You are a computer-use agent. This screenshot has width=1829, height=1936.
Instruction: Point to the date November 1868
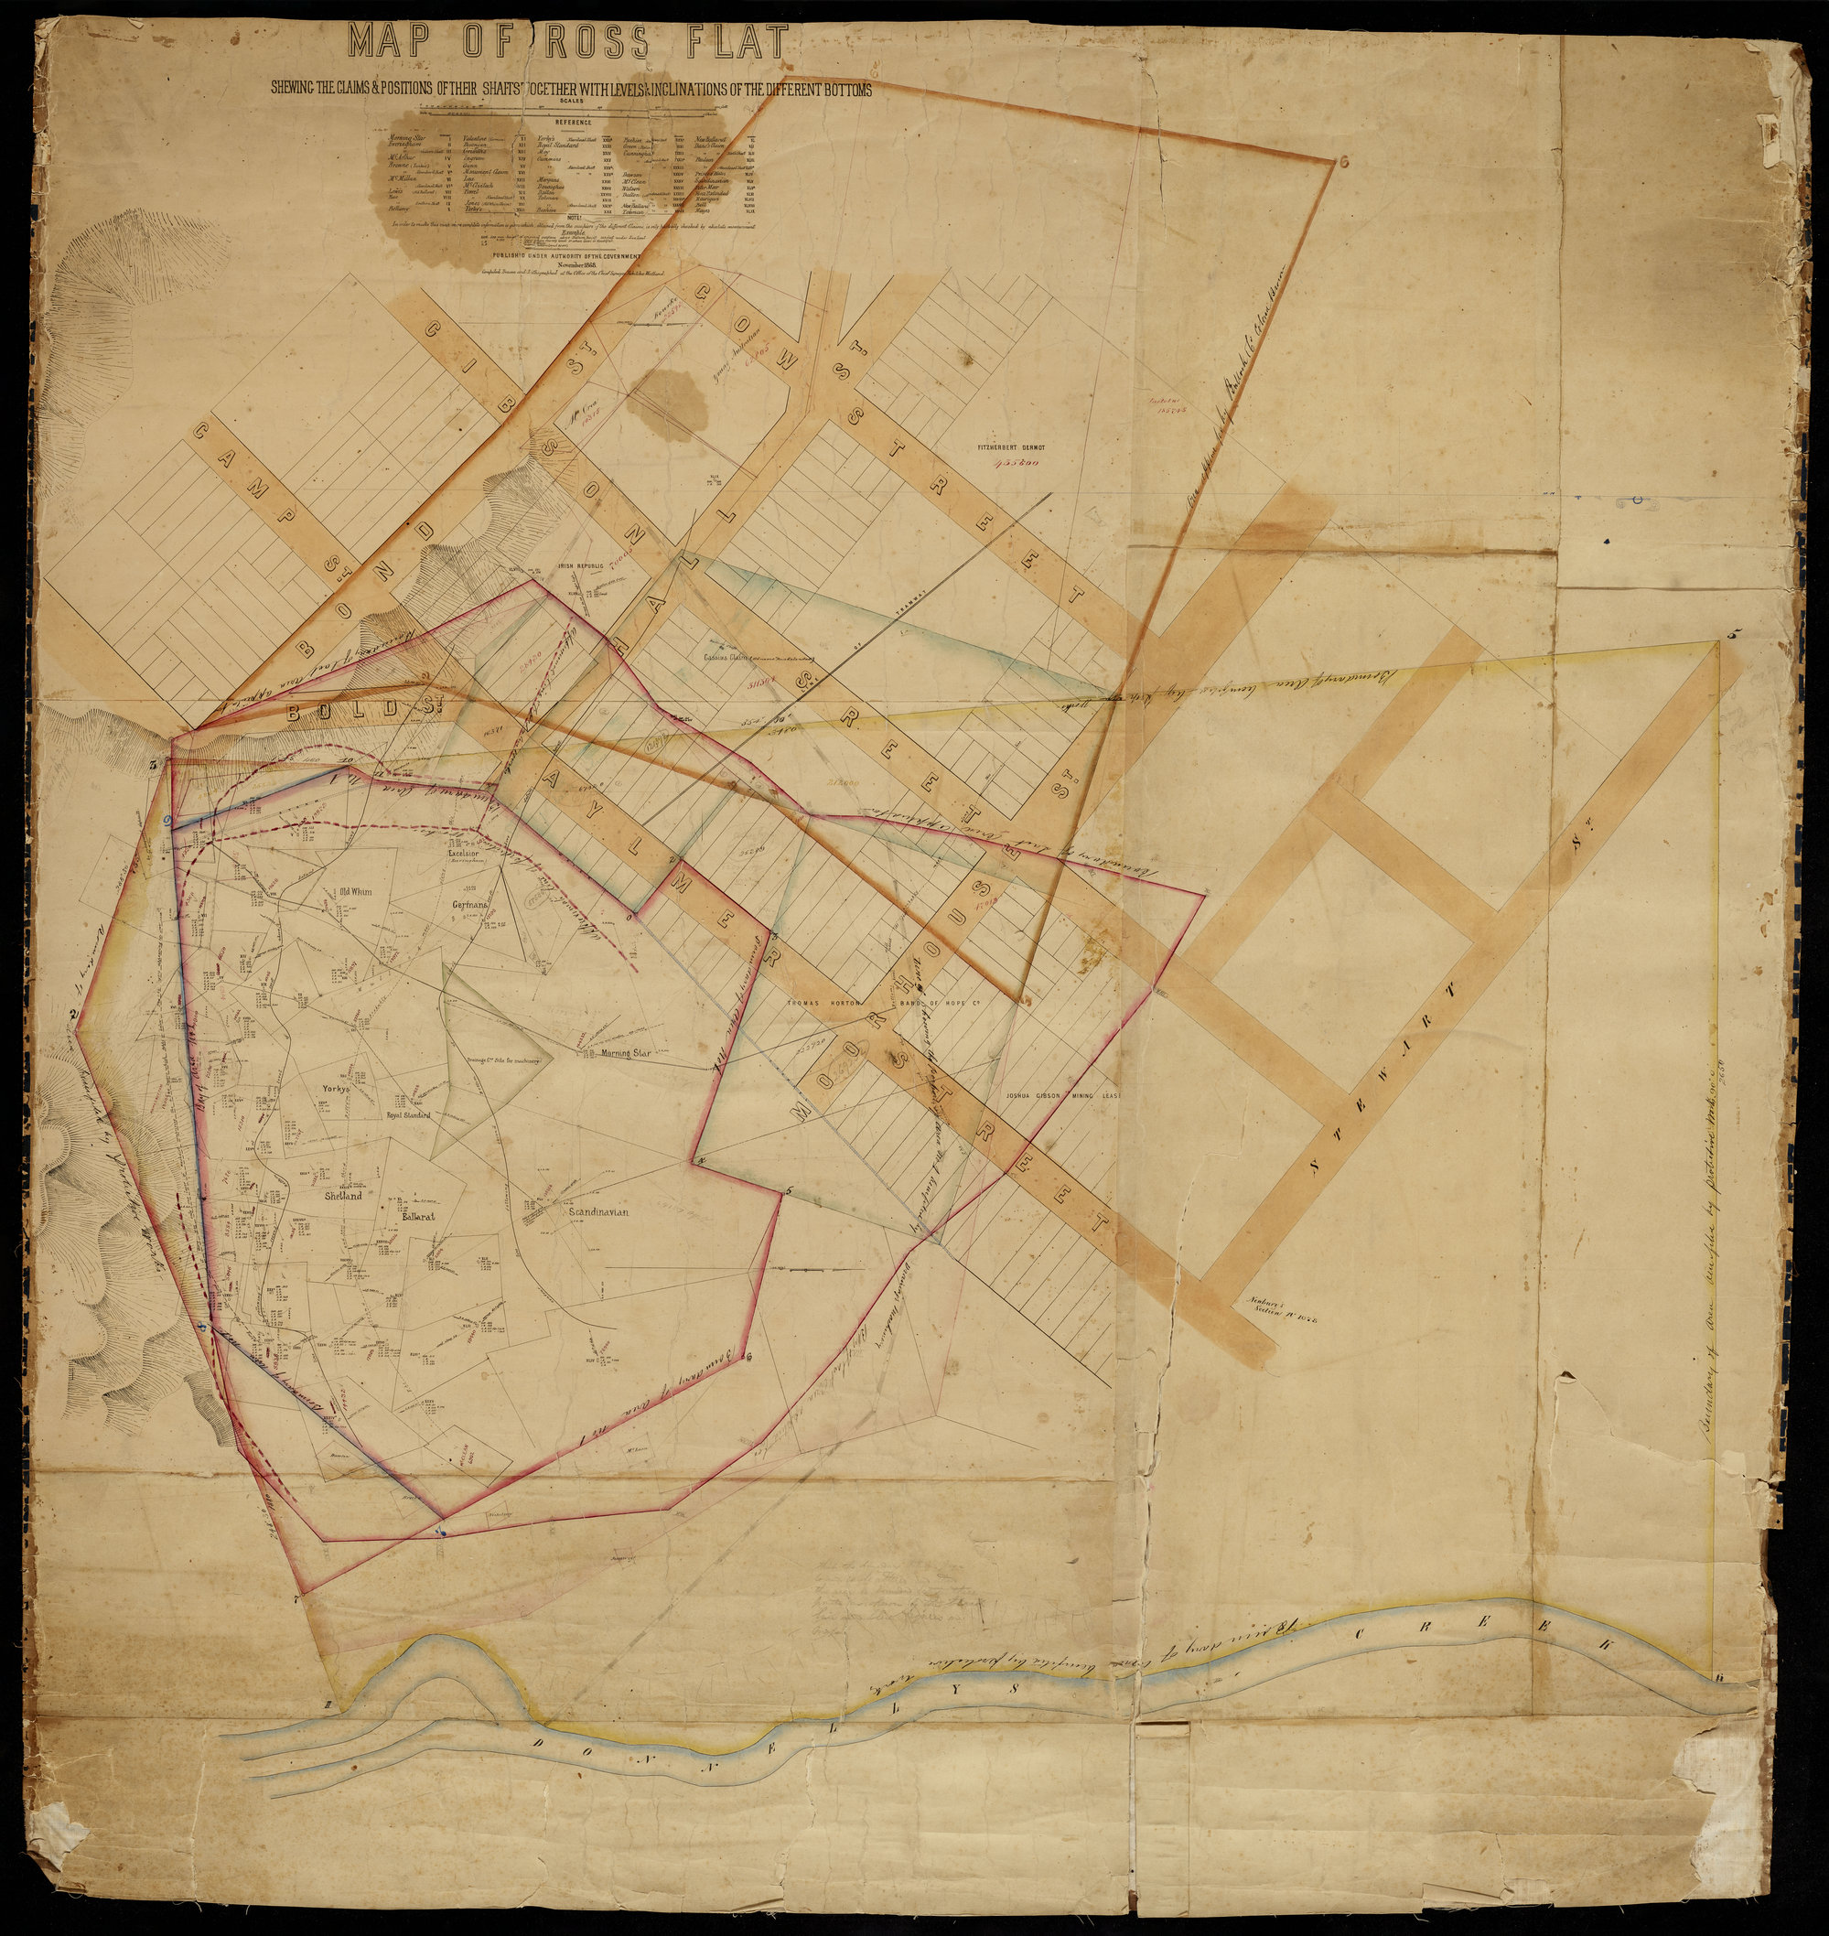[x=579, y=264]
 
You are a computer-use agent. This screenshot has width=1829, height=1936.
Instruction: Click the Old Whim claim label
[x=355, y=889]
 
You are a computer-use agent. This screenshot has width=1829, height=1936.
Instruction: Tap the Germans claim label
[x=469, y=905]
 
